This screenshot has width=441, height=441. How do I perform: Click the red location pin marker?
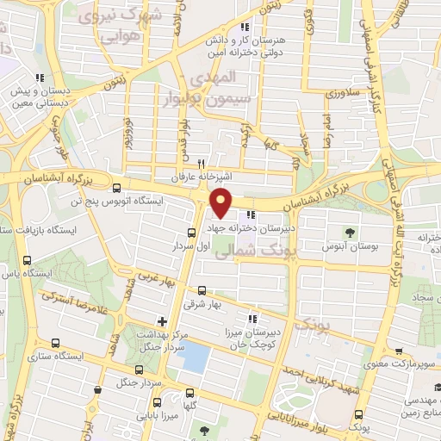(222, 203)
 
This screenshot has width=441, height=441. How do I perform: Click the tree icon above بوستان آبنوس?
(349, 232)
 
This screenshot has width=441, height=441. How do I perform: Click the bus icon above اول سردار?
(191, 232)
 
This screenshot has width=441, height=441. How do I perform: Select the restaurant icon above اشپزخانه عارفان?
(201, 163)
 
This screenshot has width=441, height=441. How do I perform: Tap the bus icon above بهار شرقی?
(202, 290)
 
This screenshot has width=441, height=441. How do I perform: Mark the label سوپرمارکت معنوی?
(398, 365)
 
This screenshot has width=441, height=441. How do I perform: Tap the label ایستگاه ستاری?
(55, 355)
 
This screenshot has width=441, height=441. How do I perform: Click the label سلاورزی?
(343, 91)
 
